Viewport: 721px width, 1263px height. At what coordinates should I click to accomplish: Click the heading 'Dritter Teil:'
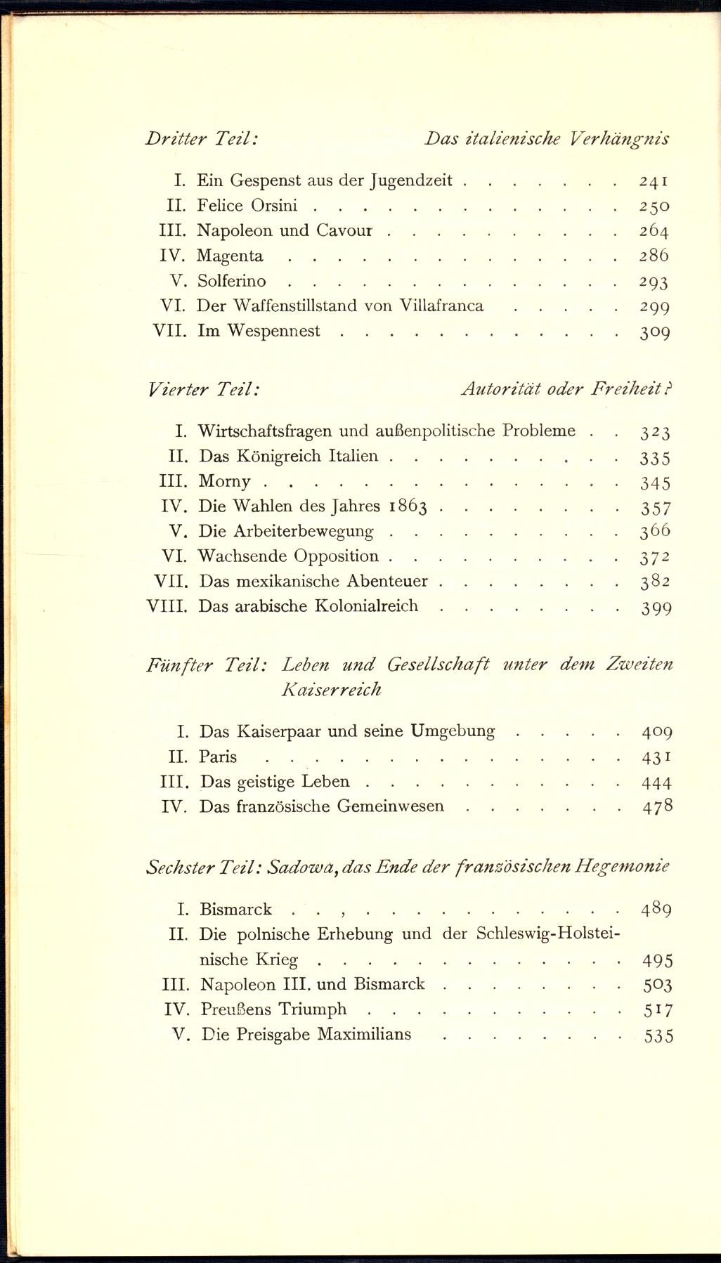tap(202, 138)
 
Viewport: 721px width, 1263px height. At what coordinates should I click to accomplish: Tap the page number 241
tap(654, 181)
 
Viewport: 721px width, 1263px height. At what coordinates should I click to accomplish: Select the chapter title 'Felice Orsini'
tap(247, 206)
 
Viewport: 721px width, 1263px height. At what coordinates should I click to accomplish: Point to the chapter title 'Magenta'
tap(230, 256)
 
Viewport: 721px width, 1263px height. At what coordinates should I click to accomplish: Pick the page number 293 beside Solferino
tap(654, 282)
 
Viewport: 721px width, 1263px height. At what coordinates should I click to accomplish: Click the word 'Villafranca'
tap(441, 306)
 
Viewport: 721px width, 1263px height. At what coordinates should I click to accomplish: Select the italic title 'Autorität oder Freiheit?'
tap(566, 388)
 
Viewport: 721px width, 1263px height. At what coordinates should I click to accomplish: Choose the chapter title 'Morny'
tap(224, 481)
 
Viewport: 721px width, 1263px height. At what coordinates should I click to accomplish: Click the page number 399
tap(656, 608)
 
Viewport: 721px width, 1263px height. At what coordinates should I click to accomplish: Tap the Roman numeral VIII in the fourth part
tap(167, 606)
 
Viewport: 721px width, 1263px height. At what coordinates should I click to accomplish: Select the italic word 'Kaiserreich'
tap(331, 689)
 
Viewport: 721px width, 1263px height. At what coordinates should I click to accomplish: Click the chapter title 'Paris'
tap(218, 757)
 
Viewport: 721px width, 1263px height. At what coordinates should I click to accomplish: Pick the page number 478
tap(658, 806)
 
